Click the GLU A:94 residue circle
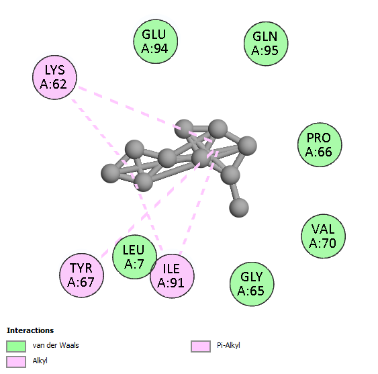tap(156, 42)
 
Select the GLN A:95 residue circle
tap(266, 44)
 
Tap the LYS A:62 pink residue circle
tap(55, 77)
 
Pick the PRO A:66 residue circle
tap(320, 144)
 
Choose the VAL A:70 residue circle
tap(323, 236)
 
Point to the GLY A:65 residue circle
tap(252, 284)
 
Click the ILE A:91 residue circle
tap(172, 276)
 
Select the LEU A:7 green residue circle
tap(135, 256)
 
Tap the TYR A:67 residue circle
tap(82, 275)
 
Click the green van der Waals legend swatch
tap(16, 346)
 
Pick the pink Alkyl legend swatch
tap(16, 362)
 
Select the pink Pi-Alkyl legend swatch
tap(201, 346)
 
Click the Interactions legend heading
tap(30, 330)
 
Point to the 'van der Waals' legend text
tap(56, 345)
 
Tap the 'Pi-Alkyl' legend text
tap(228, 345)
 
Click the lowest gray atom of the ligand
tap(239, 207)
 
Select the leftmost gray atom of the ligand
tap(111, 173)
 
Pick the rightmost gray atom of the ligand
tap(247, 146)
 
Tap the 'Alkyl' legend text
tap(40, 361)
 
